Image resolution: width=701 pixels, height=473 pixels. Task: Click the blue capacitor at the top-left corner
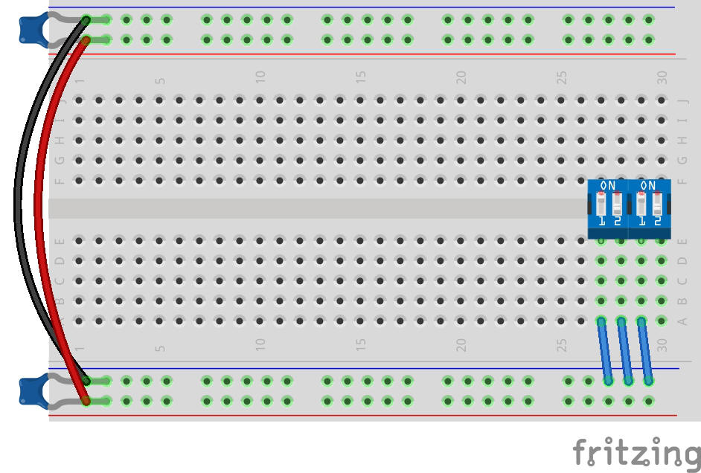pos(31,28)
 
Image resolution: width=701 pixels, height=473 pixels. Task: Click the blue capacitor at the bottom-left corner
pos(31,391)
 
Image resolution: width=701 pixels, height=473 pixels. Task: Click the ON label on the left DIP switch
pos(608,185)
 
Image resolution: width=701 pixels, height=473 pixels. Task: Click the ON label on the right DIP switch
pos(648,185)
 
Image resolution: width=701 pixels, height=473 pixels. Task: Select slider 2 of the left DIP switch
pos(616,205)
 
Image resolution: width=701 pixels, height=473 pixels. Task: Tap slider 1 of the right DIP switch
pos(641,205)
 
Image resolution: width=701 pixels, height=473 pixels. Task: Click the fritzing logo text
pos(636,451)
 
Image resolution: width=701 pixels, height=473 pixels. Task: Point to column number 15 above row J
pos(360,76)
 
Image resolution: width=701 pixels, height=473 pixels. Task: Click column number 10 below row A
pos(260,344)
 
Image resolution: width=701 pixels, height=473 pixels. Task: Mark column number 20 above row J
pos(461,76)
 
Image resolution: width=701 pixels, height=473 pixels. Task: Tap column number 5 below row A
pos(159,347)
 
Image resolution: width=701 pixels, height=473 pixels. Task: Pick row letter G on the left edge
pos(60,160)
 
